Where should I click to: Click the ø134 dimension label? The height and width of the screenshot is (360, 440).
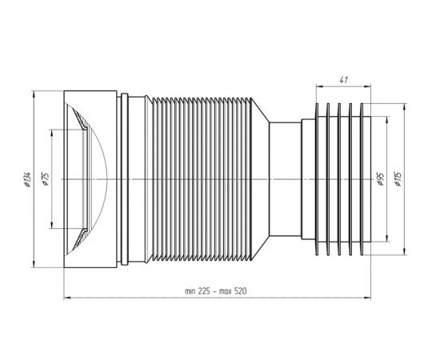point(27,179)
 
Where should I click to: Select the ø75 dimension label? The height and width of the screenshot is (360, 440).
point(46,179)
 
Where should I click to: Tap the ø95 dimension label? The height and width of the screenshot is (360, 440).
point(380,179)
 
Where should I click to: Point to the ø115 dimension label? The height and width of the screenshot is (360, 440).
point(398,179)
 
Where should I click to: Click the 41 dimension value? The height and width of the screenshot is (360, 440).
point(343,80)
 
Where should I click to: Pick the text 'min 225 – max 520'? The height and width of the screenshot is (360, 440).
point(216,291)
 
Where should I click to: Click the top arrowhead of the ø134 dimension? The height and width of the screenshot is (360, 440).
point(34,94)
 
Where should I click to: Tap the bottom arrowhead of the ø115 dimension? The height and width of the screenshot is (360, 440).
point(404,251)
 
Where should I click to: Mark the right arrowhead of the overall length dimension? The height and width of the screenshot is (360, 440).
point(367,298)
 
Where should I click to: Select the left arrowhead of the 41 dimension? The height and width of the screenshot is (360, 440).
point(320,86)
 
